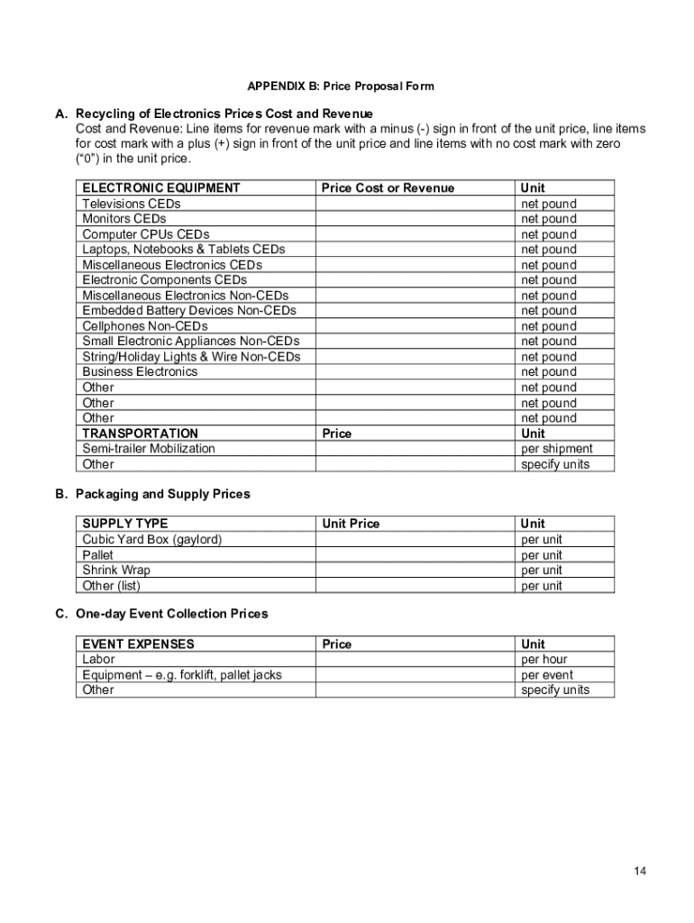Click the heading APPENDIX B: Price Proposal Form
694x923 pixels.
coord(341,87)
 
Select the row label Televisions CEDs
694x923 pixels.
coord(132,204)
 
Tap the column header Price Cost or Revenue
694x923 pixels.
coord(388,188)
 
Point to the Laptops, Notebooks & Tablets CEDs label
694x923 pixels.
coord(184,249)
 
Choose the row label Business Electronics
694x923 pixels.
coord(140,371)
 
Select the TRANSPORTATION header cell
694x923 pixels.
coord(141,434)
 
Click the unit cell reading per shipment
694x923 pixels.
coord(557,449)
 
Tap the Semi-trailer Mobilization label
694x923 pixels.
coord(149,449)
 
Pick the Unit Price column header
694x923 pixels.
coord(351,524)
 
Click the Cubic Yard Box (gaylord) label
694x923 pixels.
coord(152,540)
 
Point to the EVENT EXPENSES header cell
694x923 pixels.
coord(138,644)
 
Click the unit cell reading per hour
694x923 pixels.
coord(544,660)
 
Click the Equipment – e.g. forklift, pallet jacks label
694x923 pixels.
coord(182,675)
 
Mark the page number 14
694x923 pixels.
coord(640,871)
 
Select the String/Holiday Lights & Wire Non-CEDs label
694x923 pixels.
coord(191,357)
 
